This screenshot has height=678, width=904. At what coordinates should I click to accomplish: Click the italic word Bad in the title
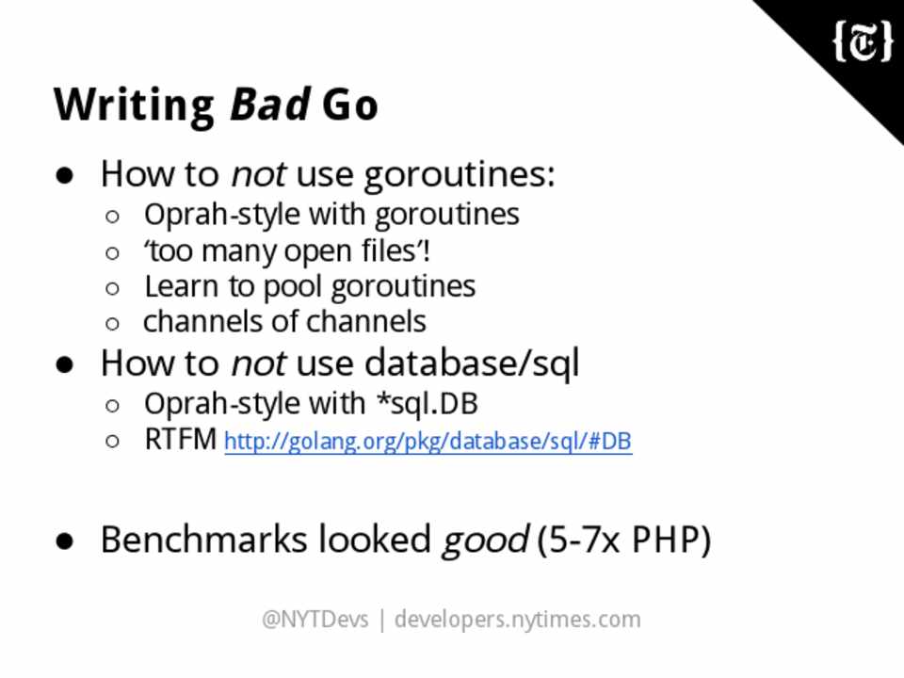[270, 105]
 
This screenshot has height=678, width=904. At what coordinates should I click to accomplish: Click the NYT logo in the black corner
[863, 41]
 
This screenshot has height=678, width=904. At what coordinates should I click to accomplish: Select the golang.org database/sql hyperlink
[428, 442]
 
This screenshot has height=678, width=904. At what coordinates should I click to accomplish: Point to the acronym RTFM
[181, 440]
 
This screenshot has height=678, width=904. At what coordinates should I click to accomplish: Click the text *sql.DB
[427, 404]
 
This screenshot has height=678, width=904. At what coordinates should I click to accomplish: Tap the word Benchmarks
[204, 540]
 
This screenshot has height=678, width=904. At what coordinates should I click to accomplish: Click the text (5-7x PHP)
[623, 541]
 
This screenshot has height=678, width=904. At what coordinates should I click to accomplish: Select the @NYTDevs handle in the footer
[315, 620]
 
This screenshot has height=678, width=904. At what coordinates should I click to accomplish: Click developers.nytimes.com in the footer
[517, 620]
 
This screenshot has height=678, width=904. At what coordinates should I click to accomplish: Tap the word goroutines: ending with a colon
[460, 175]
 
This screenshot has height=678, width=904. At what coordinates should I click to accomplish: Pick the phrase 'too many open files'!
[287, 251]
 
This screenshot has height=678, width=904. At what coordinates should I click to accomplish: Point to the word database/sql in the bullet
[472, 364]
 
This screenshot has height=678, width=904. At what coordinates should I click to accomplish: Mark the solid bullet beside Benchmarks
[65, 541]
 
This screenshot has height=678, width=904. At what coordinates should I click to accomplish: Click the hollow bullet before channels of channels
[112, 323]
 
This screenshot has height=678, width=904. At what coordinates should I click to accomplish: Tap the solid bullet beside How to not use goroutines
[65, 175]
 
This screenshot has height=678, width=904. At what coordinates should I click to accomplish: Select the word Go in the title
[350, 105]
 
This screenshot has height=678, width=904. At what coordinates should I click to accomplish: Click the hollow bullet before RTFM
[112, 441]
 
